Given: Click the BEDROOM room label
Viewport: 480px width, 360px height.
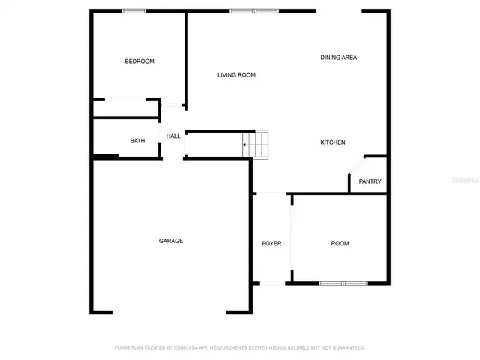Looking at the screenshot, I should (139, 61).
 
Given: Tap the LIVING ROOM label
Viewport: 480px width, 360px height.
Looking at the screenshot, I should (237, 75).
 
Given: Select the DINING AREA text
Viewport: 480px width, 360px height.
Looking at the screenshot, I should (338, 58).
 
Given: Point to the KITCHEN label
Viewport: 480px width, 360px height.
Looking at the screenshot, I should (333, 142).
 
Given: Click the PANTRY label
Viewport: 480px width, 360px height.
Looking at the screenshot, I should (370, 181).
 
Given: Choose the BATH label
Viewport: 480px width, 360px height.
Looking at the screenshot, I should (137, 141).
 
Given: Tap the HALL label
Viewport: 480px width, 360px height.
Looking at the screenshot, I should (173, 136).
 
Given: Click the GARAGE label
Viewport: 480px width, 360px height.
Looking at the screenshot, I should (171, 241).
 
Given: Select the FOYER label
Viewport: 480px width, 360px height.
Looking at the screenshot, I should (271, 244).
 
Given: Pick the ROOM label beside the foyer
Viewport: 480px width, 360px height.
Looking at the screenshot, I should (340, 244).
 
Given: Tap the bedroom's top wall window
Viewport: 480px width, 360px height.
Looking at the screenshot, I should (134, 10).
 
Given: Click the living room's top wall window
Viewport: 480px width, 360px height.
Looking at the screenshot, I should (254, 10).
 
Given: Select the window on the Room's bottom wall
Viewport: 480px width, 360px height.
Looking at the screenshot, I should (343, 283).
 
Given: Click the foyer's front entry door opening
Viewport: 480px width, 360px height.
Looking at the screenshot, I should (271, 283).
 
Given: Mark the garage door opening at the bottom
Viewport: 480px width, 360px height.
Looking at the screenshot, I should (171, 311).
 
